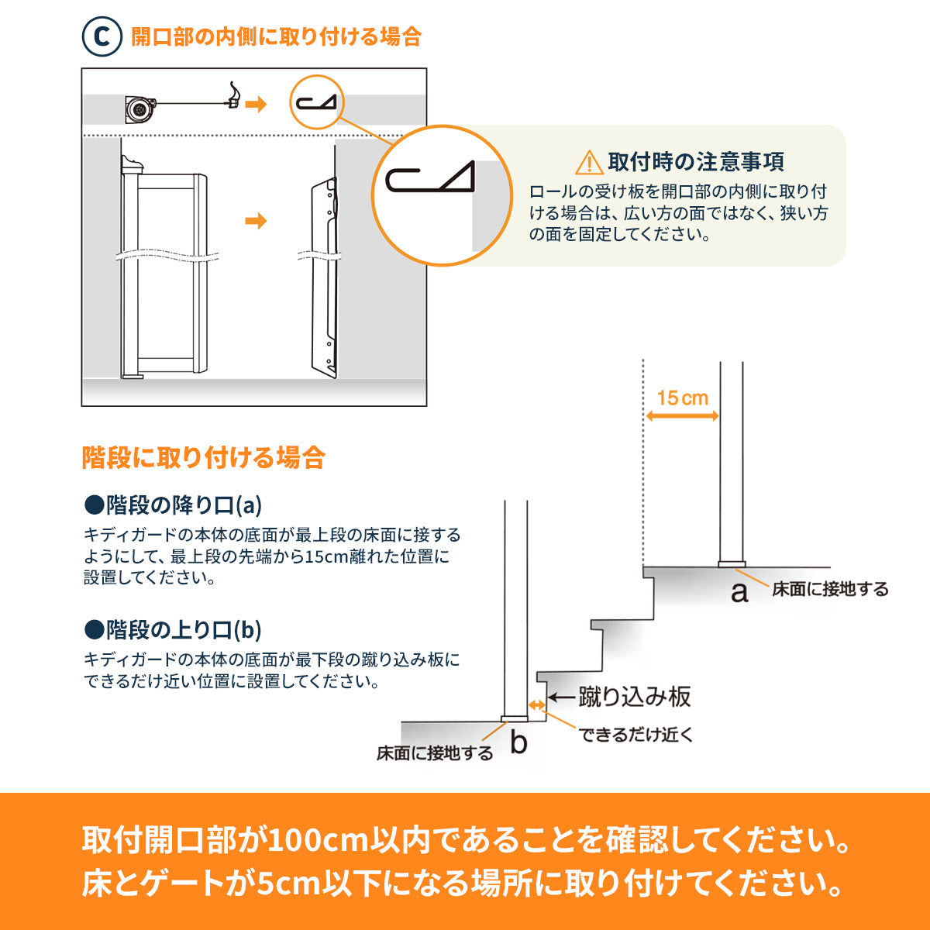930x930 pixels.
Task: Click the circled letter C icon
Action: coord(102,36)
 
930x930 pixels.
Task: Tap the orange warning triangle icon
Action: coord(589,163)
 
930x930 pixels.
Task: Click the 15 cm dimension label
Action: coord(683,398)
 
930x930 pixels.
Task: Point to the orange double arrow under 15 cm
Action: coord(683,416)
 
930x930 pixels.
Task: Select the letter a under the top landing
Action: coord(739,593)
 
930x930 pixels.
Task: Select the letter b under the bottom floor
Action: coord(518,742)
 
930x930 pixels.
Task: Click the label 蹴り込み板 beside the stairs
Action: coord(635,697)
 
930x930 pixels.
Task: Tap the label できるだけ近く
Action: coord(635,735)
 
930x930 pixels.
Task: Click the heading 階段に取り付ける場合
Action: coord(203,457)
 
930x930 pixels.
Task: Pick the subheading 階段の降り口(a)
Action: coord(174,505)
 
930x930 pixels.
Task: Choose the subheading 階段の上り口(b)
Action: coord(174,630)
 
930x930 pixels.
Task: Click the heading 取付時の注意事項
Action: coord(696,162)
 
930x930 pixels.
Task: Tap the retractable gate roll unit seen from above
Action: coord(141,109)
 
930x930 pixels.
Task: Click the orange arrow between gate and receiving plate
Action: coord(256,221)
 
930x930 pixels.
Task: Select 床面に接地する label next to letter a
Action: coord(830,589)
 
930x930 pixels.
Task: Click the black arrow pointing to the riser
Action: coord(561,697)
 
